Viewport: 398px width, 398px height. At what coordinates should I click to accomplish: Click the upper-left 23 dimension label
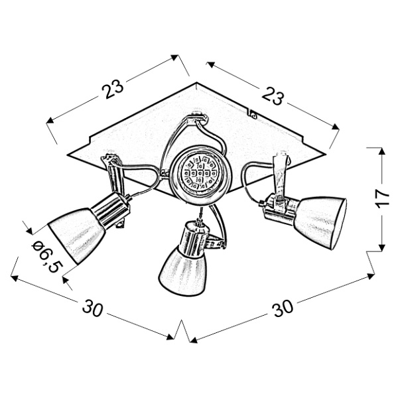[x=113, y=90]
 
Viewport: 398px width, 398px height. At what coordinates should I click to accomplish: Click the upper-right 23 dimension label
[x=273, y=96]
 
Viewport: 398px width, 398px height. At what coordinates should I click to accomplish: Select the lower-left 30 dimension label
[x=93, y=308]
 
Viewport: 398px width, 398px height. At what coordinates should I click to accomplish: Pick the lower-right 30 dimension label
[x=283, y=308]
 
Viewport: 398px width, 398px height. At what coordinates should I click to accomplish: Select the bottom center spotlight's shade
[x=182, y=271]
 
